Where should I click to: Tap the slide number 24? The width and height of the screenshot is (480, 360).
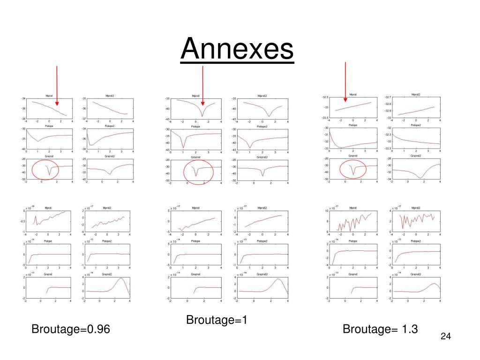pos(445,337)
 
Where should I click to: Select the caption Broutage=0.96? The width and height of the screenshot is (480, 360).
pos(71,330)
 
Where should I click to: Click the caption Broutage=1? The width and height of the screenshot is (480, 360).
pos(217,320)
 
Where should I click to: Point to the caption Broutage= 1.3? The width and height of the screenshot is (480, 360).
pos(380,329)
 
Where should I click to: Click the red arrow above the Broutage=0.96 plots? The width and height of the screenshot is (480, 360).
pos(57,84)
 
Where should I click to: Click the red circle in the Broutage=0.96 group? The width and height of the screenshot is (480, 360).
pos(45,170)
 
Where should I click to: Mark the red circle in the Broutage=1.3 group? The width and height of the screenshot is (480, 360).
pos(352,169)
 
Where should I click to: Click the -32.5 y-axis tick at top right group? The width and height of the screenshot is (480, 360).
pos(325,97)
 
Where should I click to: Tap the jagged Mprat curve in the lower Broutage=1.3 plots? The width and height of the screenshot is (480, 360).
pos(354,220)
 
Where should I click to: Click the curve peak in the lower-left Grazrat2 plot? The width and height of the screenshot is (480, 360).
pos(121,278)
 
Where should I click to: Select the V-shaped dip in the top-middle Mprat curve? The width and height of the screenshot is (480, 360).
pos(202,116)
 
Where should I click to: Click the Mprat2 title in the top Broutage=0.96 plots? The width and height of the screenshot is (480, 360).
pos(108,96)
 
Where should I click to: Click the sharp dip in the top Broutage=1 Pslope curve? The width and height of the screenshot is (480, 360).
pos(183,147)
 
